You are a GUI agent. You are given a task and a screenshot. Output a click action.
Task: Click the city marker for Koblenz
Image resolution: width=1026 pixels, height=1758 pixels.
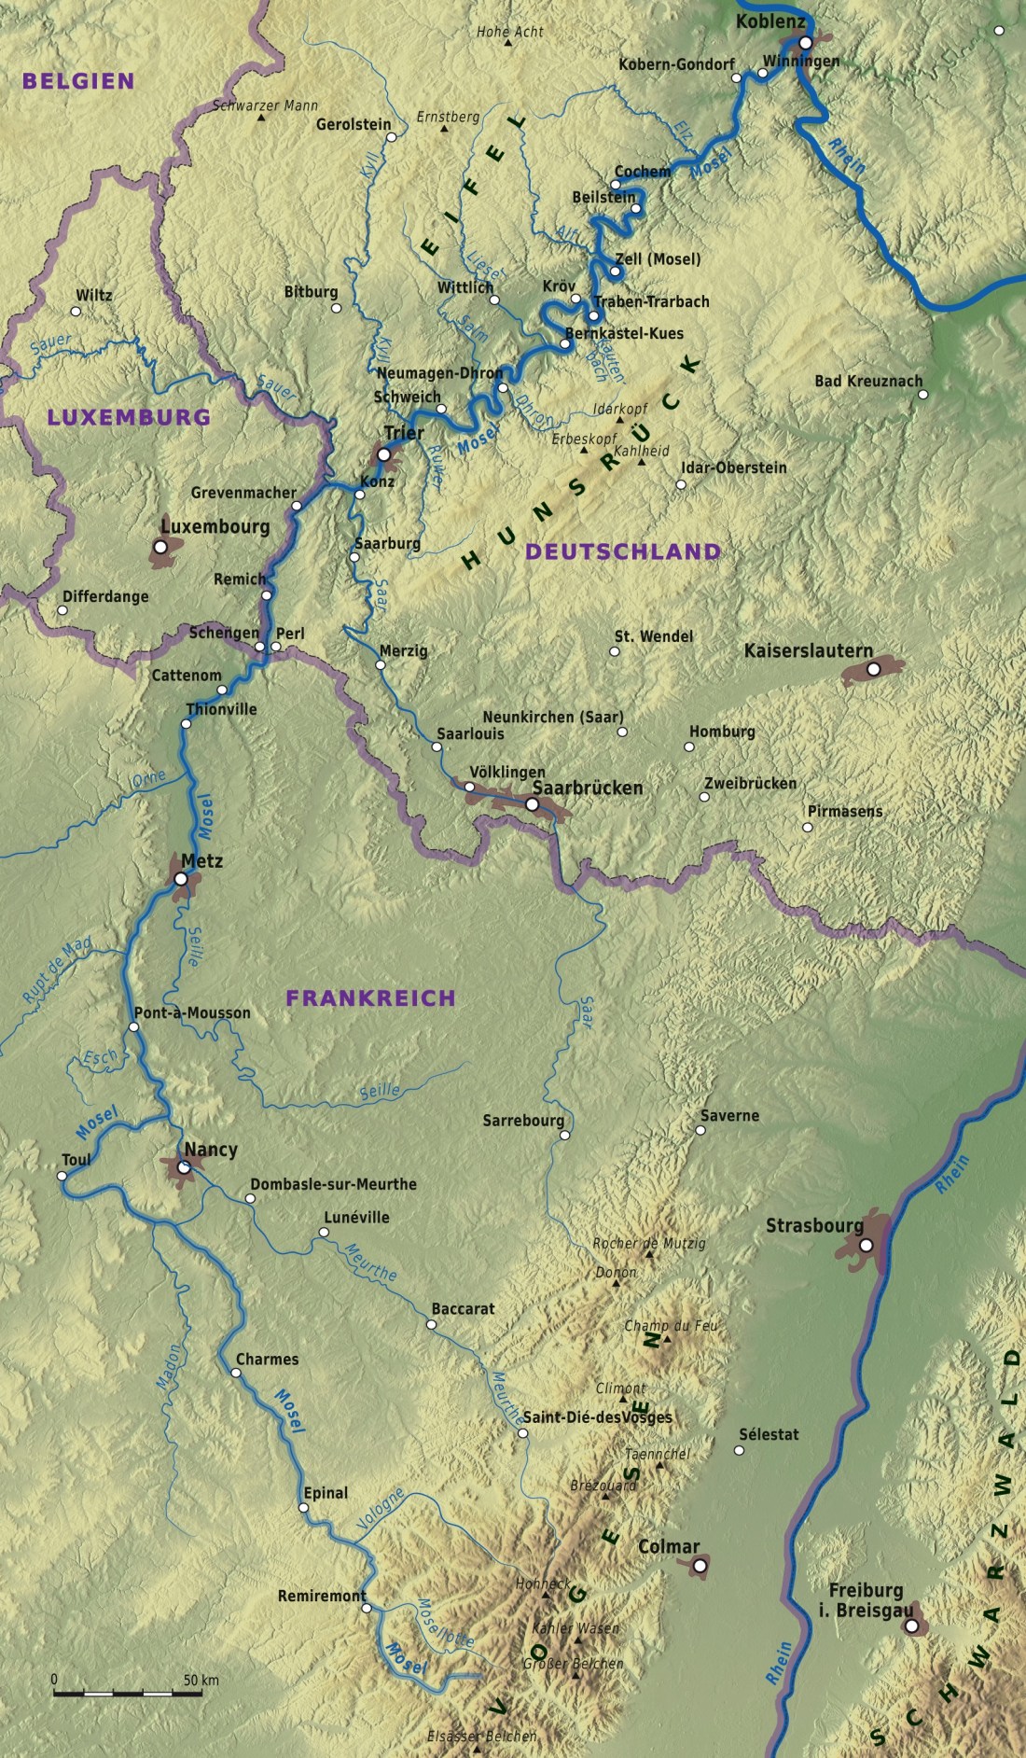(806, 42)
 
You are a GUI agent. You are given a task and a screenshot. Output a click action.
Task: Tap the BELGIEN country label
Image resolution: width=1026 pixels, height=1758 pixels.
(78, 81)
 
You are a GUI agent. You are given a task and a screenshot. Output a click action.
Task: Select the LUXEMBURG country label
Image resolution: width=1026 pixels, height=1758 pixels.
(129, 417)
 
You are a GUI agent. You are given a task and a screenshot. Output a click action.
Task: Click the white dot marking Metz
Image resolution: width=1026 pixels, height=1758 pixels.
(181, 878)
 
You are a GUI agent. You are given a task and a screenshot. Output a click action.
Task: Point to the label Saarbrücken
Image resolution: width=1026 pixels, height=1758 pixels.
(588, 788)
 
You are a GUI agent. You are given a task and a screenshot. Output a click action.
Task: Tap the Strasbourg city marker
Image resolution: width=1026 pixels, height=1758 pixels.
(866, 1245)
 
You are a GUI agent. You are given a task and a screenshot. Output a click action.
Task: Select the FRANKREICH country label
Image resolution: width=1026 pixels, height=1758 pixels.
(370, 998)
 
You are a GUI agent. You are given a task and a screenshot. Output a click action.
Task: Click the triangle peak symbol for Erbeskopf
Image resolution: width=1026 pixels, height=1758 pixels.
(585, 451)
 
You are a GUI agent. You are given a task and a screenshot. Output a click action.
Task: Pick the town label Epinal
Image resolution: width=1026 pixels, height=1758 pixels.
(326, 1493)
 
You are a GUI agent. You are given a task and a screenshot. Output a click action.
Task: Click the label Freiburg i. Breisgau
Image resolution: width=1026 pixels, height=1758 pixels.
(866, 1600)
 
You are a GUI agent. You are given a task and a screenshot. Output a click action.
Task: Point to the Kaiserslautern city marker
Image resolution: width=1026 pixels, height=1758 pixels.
(873, 669)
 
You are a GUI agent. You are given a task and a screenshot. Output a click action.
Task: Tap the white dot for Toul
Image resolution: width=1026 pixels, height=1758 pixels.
(62, 1176)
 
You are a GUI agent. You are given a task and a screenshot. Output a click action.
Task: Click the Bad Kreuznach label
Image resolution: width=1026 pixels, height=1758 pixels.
(867, 381)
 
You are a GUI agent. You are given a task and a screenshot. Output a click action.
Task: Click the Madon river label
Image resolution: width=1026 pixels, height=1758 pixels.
(170, 1367)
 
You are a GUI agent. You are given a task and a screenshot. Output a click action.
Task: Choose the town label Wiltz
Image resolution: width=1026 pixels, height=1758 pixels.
(93, 295)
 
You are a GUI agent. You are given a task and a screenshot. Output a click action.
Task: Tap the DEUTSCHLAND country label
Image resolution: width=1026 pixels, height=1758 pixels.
(623, 551)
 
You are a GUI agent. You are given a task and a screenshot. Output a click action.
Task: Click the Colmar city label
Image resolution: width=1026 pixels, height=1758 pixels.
(668, 1546)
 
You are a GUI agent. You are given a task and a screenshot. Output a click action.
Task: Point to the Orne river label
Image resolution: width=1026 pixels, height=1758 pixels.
(148, 777)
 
